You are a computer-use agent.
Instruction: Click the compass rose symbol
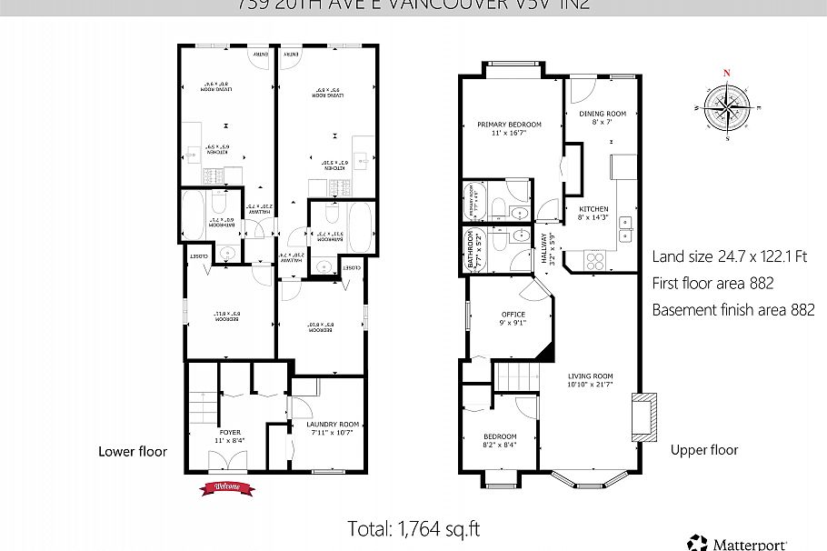coord(726,106)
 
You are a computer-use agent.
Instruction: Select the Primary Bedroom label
coord(509,129)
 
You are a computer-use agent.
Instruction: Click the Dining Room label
coord(596,117)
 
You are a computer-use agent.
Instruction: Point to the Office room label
coord(513,318)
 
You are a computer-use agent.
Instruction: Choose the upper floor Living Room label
coord(591,381)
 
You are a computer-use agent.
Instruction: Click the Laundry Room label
coord(328,428)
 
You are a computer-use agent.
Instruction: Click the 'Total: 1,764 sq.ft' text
coord(413,528)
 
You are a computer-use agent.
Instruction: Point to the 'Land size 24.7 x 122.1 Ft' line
coord(730,257)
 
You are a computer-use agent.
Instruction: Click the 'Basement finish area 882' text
coord(732,310)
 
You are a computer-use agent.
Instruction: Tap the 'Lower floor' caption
coord(133,451)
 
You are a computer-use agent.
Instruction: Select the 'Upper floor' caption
coord(703,450)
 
